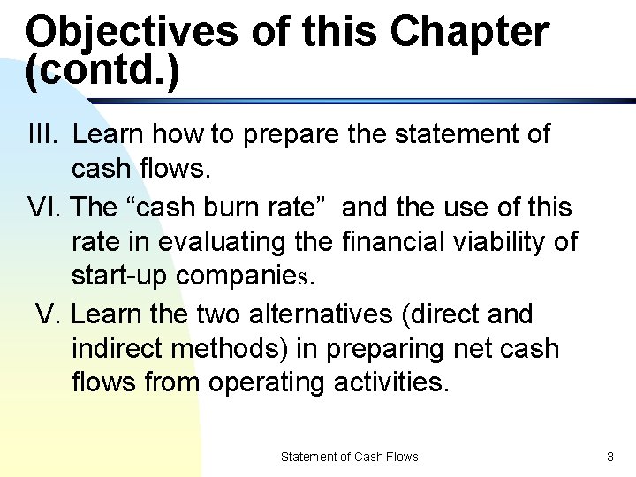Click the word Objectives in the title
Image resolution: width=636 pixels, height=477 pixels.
tap(132, 33)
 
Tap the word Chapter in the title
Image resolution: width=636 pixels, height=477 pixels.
tap(469, 33)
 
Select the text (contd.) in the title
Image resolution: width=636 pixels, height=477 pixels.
tap(102, 72)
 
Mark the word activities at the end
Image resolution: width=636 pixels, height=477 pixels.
tap(392, 382)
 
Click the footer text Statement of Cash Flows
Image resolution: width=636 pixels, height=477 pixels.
tap(349, 457)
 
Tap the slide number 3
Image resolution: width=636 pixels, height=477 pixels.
tap(609, 457)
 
